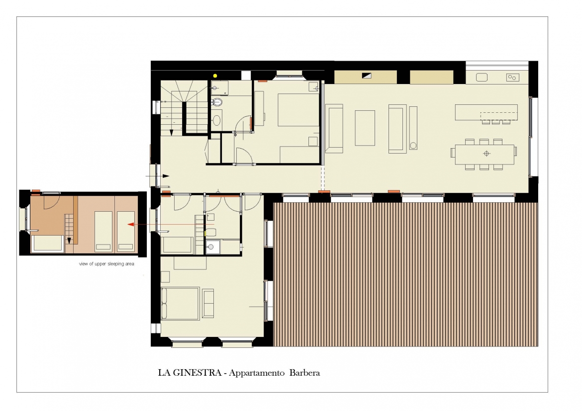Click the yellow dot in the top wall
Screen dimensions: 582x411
click(x=215, y=76)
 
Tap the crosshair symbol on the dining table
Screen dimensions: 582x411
click(x=486, y=154)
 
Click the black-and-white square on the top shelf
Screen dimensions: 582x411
click(x=366, y=76)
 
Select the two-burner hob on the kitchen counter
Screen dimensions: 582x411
click(x=512, y=78)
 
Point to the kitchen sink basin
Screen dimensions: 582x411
click(x=482, y=77)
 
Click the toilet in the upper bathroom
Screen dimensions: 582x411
click(x=217, y=102)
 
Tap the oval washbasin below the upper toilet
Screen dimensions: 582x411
click(x=216, y=120)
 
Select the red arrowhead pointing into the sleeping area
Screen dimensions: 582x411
click(x=130, y=225)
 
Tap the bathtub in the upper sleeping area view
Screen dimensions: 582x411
click(x=47, y=244)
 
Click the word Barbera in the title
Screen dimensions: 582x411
click(x=304, y=373)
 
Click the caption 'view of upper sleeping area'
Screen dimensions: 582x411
click(x=106, y=264)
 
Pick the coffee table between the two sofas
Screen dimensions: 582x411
click(x=365, y=128)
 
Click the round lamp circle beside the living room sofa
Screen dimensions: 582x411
click(x=413, y=146)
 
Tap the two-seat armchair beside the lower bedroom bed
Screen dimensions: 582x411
click(x=208, y=304)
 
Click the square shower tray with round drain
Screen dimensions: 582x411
click(x=213, y=247)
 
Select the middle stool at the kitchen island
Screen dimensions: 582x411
click(x=496, y=122)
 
